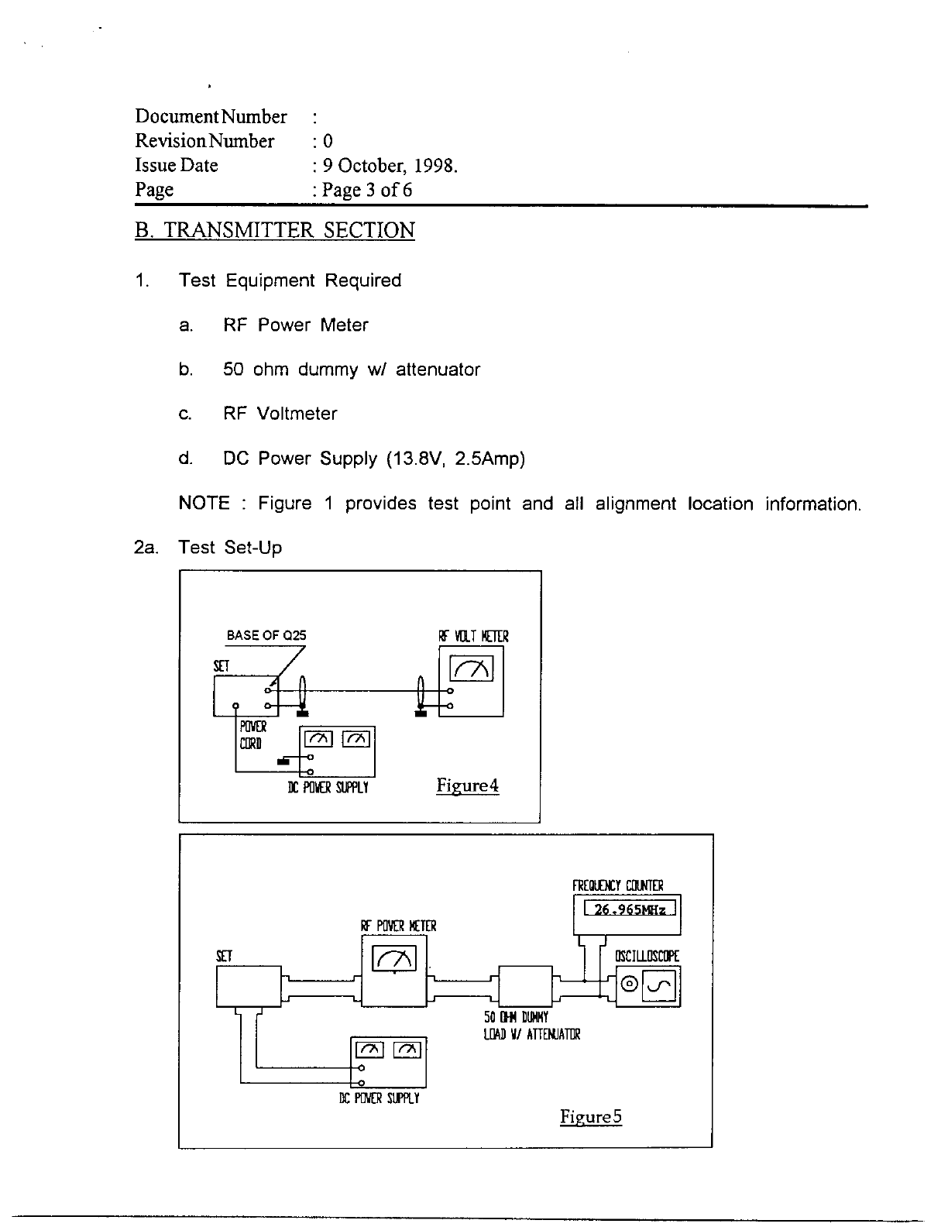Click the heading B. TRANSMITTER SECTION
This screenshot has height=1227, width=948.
point(275,230)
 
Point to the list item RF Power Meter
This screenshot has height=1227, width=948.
point(296,325)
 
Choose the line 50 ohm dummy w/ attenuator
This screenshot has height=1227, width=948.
point(352,369)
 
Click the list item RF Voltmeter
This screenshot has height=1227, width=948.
point(280,414)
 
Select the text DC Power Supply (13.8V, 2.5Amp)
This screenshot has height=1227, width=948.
point(374,459)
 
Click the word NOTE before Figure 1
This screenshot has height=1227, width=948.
point(204,504)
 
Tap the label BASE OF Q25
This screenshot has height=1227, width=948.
point(266,635)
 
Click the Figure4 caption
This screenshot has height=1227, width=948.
point(467,785)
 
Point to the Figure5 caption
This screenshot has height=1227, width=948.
point(591,1116)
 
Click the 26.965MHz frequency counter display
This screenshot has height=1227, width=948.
point(630,909)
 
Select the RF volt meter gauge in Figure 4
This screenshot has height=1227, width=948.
point(471,668)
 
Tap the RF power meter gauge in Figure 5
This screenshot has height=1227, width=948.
point(394,959)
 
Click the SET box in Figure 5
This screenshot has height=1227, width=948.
point(248,985)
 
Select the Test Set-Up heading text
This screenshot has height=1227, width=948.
point(230,548)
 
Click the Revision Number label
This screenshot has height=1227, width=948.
point(204,141)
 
